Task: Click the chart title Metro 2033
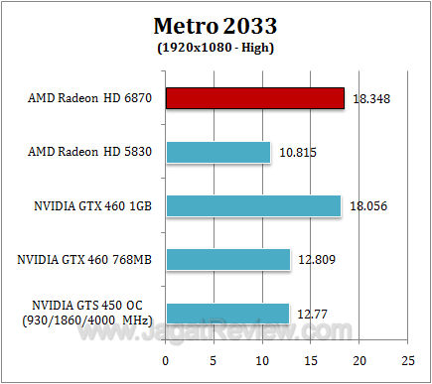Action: coord(216,24)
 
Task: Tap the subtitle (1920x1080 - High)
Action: coord(216,47)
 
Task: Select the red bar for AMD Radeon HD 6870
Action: coord(254,98)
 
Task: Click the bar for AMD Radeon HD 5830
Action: coord(217,152)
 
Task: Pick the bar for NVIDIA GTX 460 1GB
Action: coord(253,205)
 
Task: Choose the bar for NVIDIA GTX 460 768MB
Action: coord(227,259)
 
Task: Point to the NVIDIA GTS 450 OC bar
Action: coord(227,314)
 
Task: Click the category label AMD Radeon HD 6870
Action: coord(89,99)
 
